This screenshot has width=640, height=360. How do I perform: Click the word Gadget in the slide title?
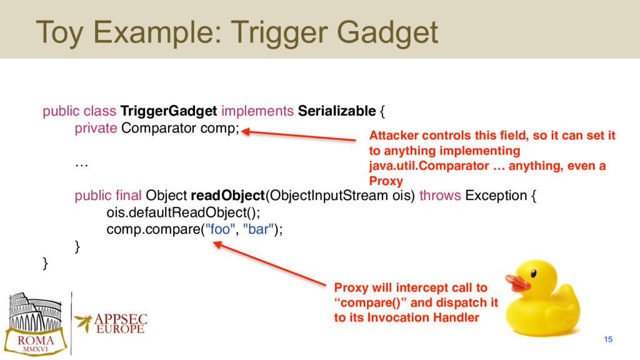coord(387,33)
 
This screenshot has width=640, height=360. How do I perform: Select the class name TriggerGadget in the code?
coord(169,111)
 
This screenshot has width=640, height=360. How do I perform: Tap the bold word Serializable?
coord(337,111)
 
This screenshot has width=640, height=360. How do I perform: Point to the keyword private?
coord(96,128)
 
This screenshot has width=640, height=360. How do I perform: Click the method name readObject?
coord(227,196)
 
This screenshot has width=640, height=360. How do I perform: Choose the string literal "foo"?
coord(220,229)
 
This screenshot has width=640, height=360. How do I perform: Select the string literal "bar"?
coord(258,229)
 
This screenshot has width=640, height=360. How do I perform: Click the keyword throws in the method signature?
coord(440,196)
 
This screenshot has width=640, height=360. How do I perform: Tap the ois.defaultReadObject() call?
coord(183,212)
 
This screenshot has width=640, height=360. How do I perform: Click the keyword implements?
coord(257,111)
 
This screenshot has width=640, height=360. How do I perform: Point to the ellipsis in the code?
coord(82,165)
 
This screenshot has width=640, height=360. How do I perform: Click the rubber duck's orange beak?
coord(517,282)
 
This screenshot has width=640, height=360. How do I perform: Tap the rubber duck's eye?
coord(533,274)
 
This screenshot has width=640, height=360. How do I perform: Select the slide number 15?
coord(608,339)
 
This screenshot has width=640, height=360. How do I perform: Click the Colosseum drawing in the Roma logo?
coord(35,312)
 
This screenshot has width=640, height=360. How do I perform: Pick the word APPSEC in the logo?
coord(121,319)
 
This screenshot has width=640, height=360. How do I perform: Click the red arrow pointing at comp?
coord(298,136)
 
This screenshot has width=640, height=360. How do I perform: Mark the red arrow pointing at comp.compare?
coord(269,263)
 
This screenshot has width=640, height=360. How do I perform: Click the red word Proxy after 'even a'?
coord(386,181)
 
